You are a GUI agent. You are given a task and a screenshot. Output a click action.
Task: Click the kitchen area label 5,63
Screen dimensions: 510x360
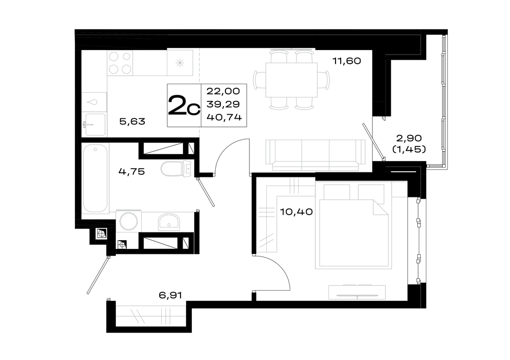(x=132, y=122)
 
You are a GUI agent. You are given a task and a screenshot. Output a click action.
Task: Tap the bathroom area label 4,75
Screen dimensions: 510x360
(x=132, y=171)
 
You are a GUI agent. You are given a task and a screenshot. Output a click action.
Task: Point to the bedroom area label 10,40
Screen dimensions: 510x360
(x=296, y=212)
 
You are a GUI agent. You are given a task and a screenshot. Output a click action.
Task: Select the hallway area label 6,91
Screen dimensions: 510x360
(x=170, y=295)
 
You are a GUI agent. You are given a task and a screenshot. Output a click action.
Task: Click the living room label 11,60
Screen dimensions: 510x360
(x=346, y=61)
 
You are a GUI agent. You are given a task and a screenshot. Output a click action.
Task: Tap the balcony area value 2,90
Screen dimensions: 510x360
(x=409, y=138)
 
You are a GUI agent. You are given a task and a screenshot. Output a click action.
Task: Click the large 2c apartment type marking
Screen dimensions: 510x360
(x=184, y=105)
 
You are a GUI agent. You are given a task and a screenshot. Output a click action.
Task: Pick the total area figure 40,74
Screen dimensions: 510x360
(x=224, y=117)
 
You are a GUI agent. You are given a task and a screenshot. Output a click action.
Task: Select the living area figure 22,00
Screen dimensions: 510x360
(x=223, y=91)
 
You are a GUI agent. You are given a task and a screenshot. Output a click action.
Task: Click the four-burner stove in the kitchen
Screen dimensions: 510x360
(x=120, y=63)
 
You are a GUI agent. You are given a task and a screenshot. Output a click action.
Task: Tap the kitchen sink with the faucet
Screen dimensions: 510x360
(x=95, y=124)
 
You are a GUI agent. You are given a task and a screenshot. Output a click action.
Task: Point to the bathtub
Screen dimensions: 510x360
(x=95, y=178)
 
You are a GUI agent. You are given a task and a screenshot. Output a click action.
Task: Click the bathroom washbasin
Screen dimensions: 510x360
(x=169, y=222)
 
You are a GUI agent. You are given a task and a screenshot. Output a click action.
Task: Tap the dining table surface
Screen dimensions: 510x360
(x=291, y=80)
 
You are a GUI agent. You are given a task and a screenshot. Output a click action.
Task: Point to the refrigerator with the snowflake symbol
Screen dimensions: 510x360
(x=180, y=63)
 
